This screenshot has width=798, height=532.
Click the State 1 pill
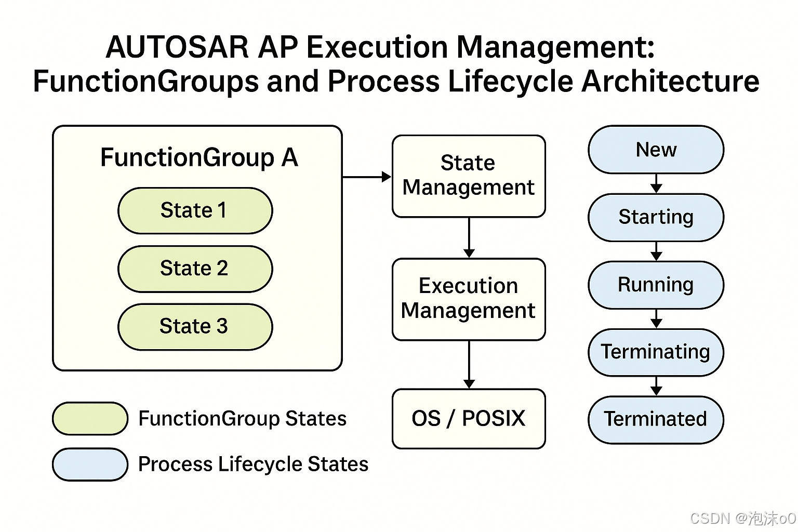coord(195,210)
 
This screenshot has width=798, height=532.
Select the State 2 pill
coord(195,269)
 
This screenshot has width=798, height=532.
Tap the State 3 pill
coord(195,326)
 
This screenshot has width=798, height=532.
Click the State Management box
coord(469,176)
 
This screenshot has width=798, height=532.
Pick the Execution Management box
coord(469,299)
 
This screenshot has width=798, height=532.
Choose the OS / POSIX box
coord(469,418)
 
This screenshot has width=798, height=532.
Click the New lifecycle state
coord(656,150)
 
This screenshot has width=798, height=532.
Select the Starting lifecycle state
coord(656,217)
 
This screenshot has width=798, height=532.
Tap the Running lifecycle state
coord(656,285)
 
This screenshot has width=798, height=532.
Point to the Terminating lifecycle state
coord(656,352)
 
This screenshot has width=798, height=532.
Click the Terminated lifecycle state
coord(656,419)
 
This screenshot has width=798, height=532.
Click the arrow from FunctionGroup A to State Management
coord(367,177)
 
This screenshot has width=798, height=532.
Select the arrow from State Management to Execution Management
coord(469,237)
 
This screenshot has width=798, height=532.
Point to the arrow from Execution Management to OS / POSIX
coord(469,364)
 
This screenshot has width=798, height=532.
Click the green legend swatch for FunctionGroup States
coord(90,418)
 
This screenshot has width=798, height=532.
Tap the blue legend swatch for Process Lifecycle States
coord(90,464)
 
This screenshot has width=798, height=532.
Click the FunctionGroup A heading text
coord(199,157)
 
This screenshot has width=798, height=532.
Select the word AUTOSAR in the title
coord(177,47)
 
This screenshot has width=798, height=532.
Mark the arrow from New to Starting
coord(656,183)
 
